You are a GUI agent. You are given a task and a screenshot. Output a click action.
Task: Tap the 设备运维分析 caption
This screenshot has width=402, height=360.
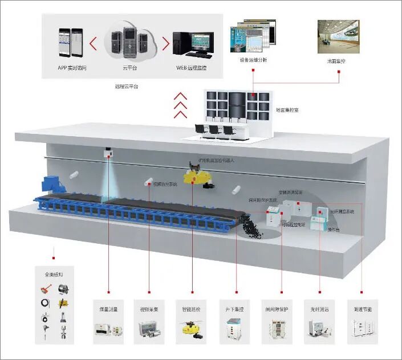[253, 60]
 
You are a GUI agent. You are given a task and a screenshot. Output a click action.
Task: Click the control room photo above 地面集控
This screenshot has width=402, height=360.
[339, 36]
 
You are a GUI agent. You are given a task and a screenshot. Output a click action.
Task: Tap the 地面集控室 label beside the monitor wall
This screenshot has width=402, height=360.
[287, 109]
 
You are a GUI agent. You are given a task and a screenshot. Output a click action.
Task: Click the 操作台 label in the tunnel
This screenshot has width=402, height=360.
[334, 228]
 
